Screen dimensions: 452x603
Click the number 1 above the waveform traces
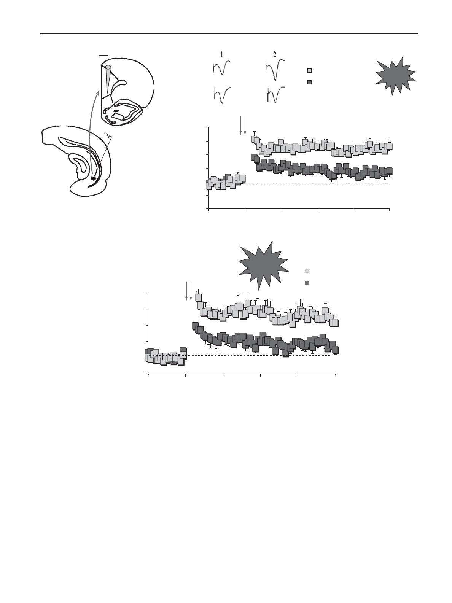click(x=221, y=55)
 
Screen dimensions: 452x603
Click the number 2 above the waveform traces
click(x=275, y=55)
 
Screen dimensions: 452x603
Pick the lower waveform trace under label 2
click(x=276, y=95)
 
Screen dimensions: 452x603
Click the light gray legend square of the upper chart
click(x=309, y=71)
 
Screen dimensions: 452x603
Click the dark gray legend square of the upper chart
click(x=309, y=82)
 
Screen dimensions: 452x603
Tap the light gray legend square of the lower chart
click(x=307, y=271)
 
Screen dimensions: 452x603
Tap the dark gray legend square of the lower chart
click(x=307, y=283)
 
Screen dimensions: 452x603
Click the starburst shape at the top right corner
click(x=396, y=76)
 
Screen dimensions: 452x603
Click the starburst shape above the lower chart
click(x=264, y=266)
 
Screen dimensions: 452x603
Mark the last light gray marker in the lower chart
click(x=334, y=323)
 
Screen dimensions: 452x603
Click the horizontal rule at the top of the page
click(x=229, y=34)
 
